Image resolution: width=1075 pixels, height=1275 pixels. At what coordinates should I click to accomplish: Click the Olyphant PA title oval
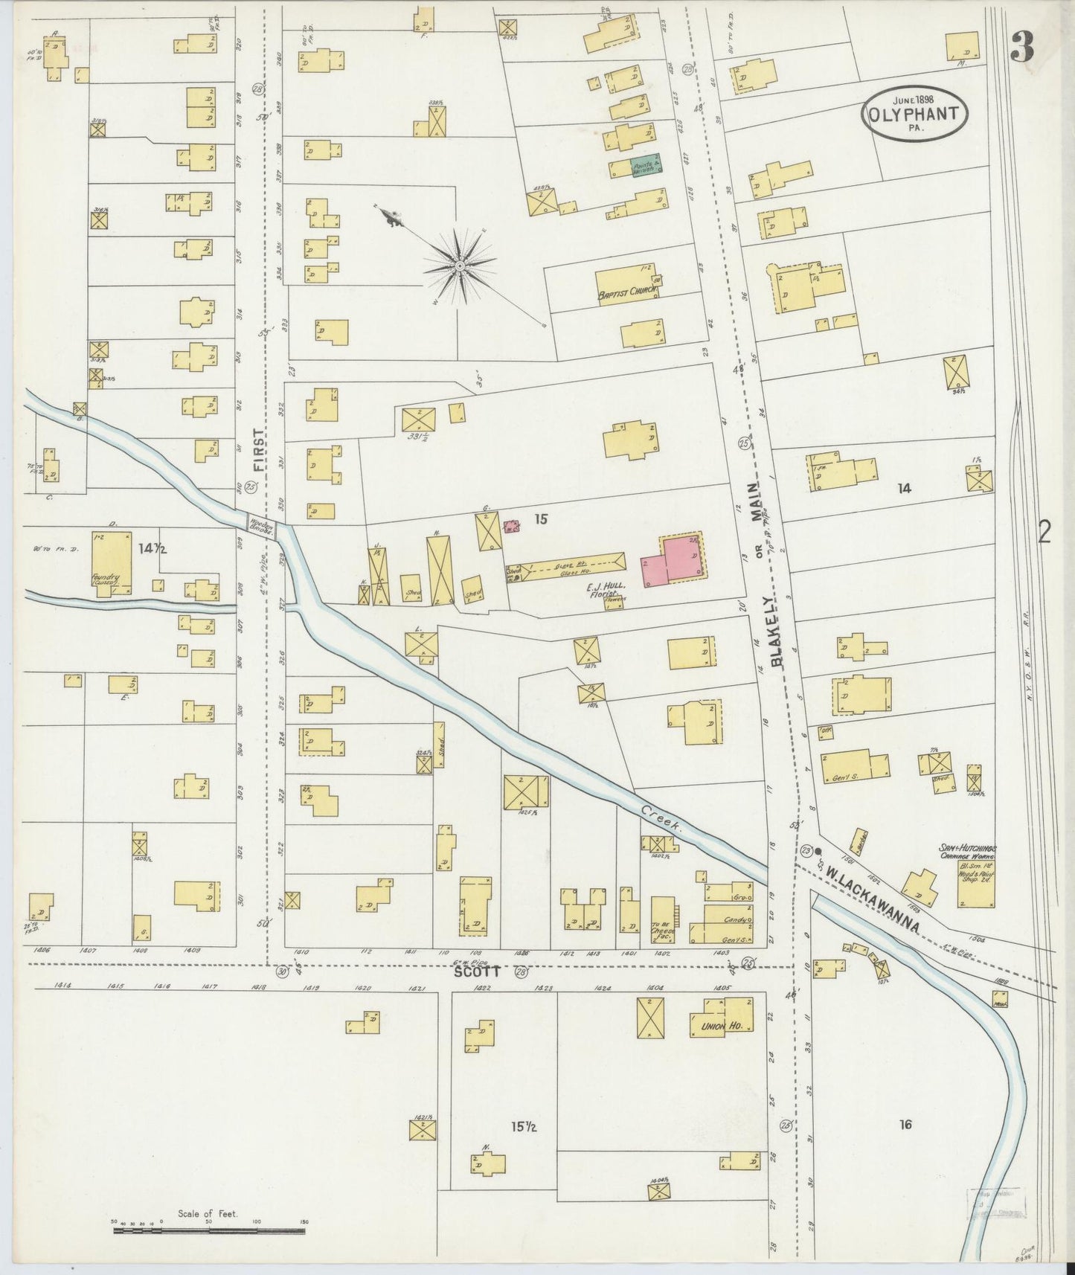click(915, 112)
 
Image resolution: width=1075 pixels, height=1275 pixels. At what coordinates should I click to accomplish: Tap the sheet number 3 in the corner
click(1023, 49)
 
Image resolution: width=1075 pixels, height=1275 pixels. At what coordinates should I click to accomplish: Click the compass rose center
click(460, 266)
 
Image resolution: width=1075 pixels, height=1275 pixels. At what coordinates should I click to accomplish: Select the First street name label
click(258, 450)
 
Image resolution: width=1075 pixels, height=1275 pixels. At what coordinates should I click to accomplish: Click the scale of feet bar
click(209, 1230)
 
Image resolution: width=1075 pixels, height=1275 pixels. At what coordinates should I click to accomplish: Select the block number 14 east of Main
click(904, 488)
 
